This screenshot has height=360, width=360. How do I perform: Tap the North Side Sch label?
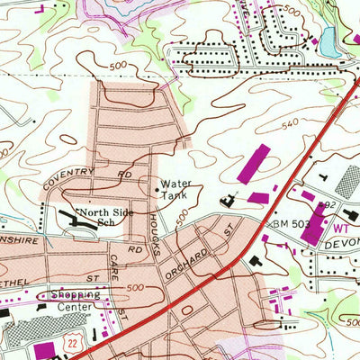click(107, 215)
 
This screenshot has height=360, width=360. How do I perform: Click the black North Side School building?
click(70, 217)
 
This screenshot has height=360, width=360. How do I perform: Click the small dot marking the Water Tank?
click(153, 189)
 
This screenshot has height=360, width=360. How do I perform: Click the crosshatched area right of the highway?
click(346, 180)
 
